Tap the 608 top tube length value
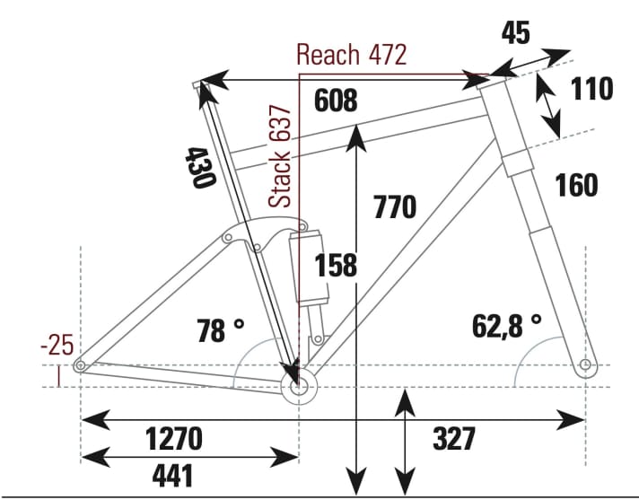click(336, 101)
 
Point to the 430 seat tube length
click(199, 166)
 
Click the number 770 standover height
click(394, 207)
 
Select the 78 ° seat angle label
click(220, 331)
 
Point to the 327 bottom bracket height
click(453, 439)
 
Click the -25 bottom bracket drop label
click(57, 346)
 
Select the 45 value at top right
click(515, 33)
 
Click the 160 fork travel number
click(575, 185)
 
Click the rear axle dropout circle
click(80, 365)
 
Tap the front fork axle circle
click(586, 365)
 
